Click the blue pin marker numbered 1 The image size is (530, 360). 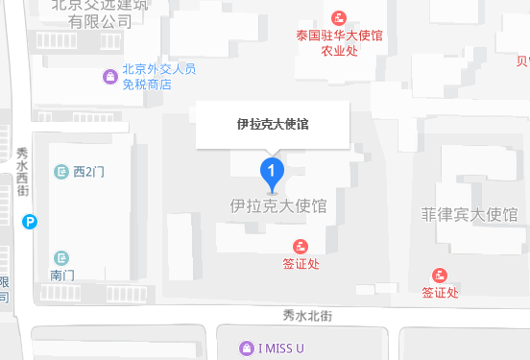point(273,173)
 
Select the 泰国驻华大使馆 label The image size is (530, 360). point(339,36)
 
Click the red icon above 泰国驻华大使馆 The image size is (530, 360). point(339,17)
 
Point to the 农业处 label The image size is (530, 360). point(339,51)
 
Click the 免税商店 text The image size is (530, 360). point(146,84)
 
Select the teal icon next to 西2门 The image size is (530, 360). point(62,172)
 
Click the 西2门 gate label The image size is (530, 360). point(88,172)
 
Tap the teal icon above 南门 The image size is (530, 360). point(62,257)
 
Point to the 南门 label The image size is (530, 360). point(62,275)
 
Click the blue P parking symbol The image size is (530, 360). point(31,222)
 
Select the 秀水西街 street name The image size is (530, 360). point(23,173)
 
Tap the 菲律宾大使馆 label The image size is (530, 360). point(470,214)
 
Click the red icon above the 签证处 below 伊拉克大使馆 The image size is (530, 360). point(301,246)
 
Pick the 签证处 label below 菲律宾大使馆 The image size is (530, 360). point(441,292)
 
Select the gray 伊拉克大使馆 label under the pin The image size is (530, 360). point(278,205)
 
